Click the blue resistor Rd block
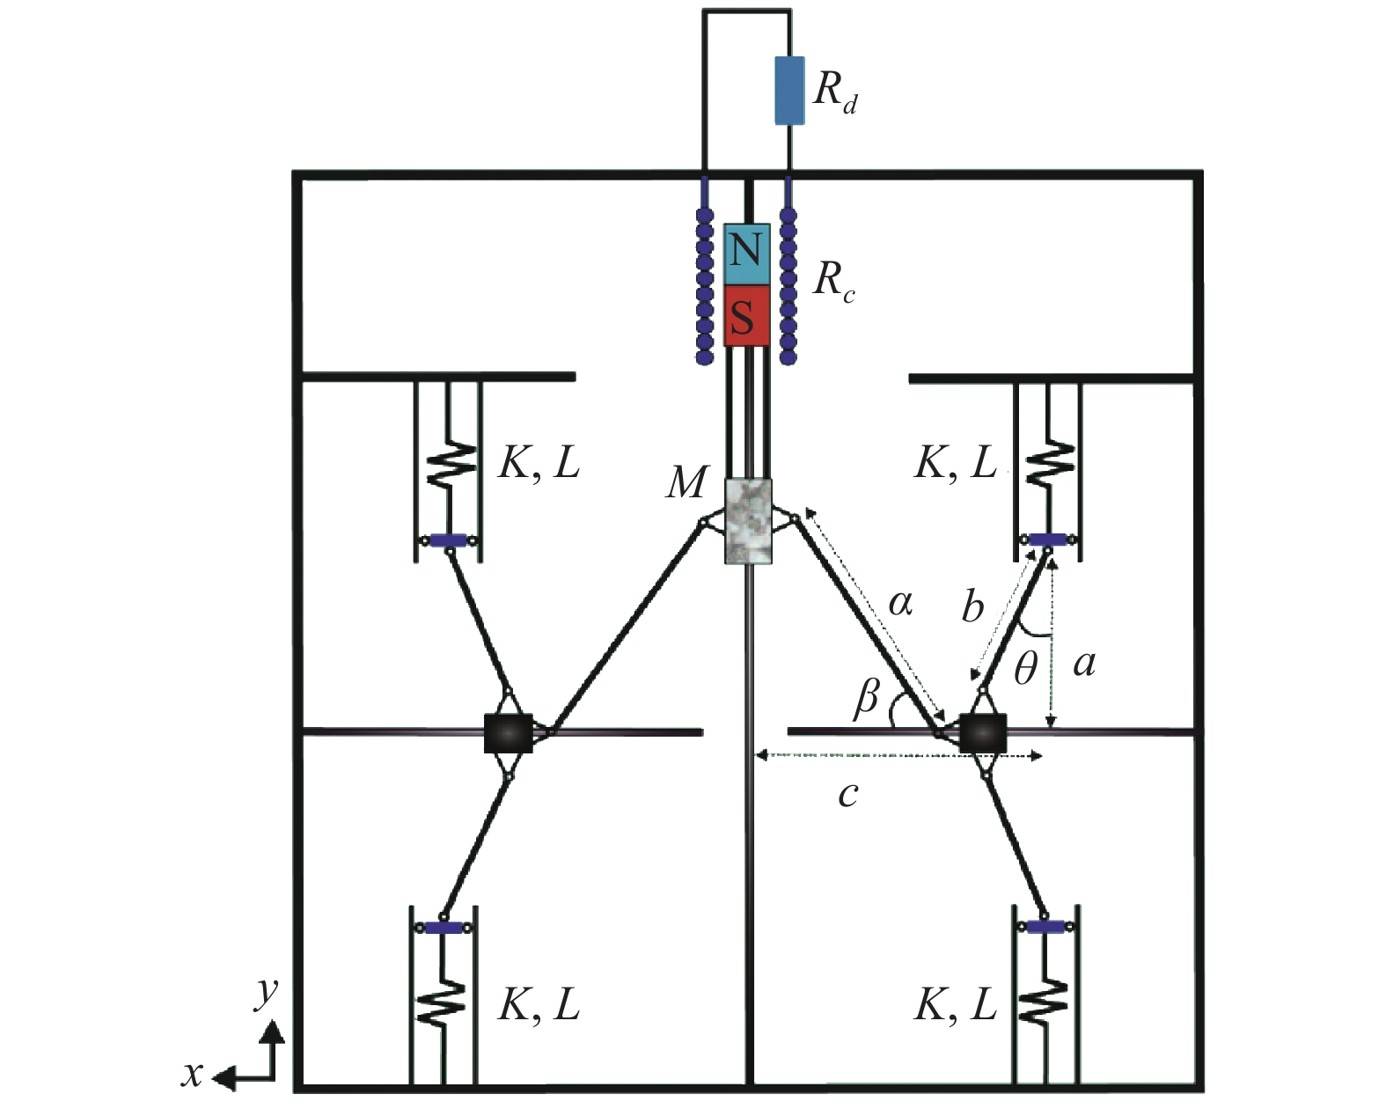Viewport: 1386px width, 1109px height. coord(788,91)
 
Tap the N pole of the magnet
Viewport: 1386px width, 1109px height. coord(746,253)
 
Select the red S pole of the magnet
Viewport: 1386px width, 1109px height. coord(746,315)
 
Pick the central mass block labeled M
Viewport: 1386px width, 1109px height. coord(747,521)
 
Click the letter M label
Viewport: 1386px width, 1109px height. coord(685,482)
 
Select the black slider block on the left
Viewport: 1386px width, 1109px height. coord(509,733)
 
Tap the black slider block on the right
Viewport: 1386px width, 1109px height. coord(982,733)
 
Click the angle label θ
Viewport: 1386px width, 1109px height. coord(1025,672)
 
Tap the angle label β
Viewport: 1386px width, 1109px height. coord(867,698)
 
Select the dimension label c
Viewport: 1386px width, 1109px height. coord(847,795)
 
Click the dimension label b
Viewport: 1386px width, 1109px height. coord(972,607)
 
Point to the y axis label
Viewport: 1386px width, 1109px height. coord(266,992)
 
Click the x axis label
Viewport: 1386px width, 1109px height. coord(192,1074)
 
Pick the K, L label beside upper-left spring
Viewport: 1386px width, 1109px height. coord(539,463)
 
